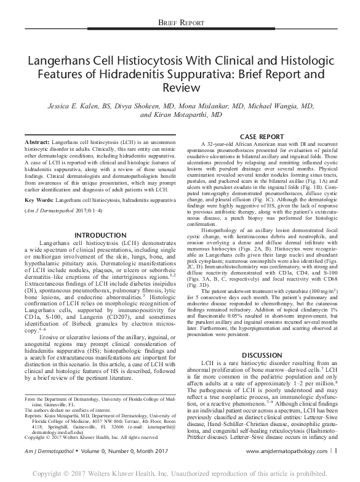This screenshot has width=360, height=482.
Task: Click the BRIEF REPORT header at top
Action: click(180, 22)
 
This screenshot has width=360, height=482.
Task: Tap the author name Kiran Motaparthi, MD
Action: click(181, 114)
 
